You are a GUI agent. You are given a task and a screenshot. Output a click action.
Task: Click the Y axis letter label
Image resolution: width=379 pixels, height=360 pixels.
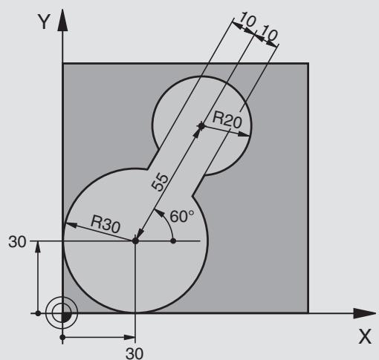pyautogui.click(x=44, y=22)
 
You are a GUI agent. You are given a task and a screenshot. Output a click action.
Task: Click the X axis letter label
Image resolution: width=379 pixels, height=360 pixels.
pyautogui.click(x=365, y=336)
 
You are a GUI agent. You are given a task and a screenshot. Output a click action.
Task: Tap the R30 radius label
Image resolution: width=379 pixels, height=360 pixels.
pyautogui.click(x=106, y=224)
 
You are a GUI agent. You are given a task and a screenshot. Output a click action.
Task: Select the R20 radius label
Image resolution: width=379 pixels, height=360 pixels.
pyautogui.click(x=227, y=120)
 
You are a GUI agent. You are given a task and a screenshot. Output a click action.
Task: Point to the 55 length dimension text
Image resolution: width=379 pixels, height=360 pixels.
pyautogui.click(x=160, y=182)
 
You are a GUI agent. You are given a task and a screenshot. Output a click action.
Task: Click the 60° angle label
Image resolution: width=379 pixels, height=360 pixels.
pyautogui.click(x=182, y=216)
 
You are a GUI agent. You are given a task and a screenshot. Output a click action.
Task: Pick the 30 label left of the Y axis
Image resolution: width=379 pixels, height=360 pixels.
pyautogui.click(x=17, y=242)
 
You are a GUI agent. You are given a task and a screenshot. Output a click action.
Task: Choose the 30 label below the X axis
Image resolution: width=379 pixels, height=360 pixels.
pyautogui.click(x=135, y=353)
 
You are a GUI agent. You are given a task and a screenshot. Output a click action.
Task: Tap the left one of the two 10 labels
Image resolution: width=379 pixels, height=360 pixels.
pyautogui.click(x=247, y=19)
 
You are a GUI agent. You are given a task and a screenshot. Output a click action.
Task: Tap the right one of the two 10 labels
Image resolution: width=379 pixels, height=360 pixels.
pyautogui.click(x=270, y=33)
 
